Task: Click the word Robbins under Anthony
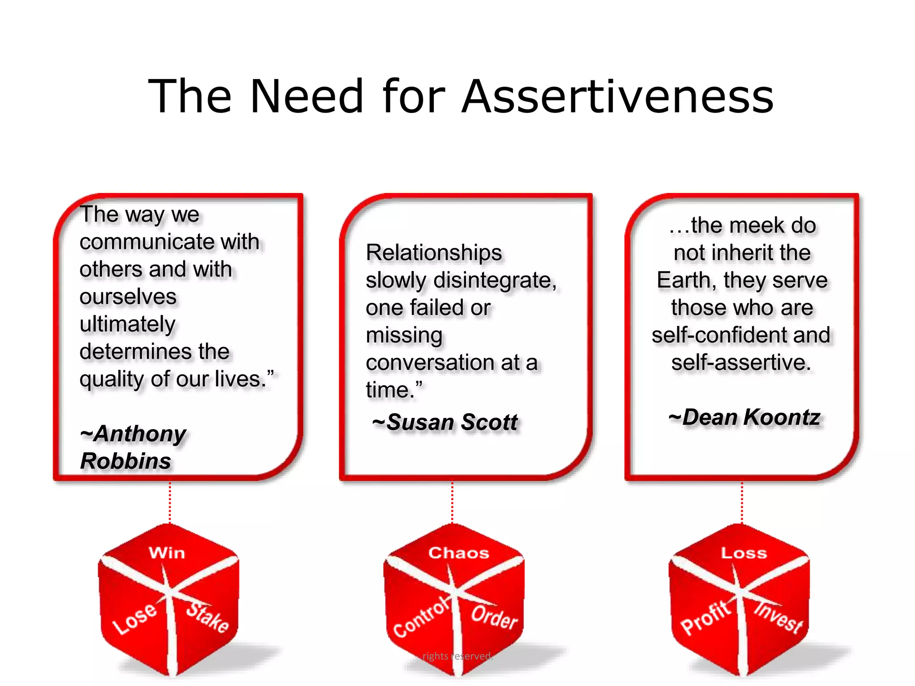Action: [x=126, y=461]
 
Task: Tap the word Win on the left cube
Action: [x=167, y=553]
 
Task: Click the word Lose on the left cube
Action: [x=134, y=619]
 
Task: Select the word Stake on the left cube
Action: [x=207, y=617]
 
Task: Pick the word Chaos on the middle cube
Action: [x=458, y=553]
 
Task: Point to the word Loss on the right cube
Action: [x=744, y=553]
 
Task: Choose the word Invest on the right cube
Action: [x=778, y=617]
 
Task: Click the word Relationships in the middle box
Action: [x=434, y=253]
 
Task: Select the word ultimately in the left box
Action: [x=127, y=324]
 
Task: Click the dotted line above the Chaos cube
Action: [x=452, y=502]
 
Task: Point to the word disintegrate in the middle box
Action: [x=494, y=280]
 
